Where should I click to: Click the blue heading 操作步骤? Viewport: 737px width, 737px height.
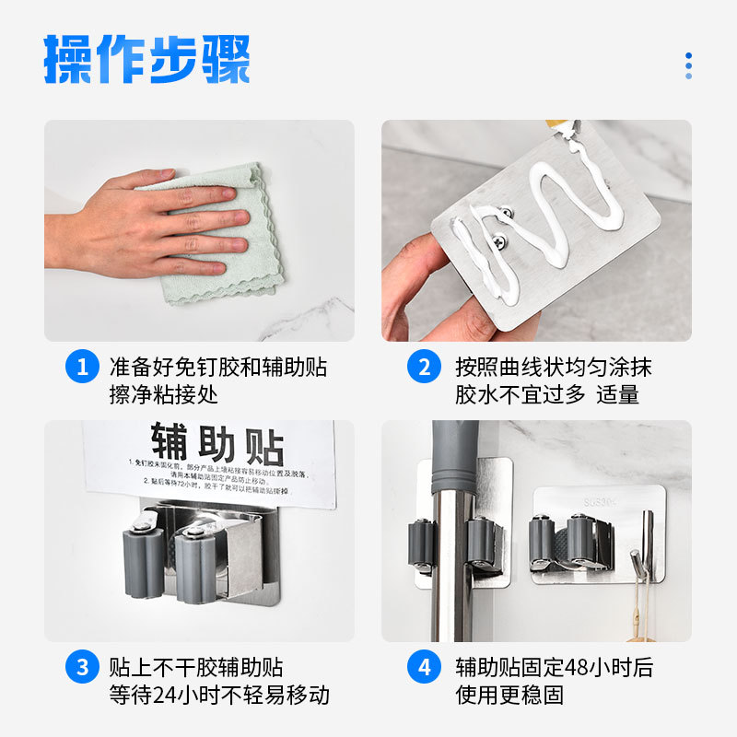(x=147, y=60)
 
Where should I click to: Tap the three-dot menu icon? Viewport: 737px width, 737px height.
(x=688, y=65)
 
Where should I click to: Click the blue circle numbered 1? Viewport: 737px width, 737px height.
(x=82, y=368)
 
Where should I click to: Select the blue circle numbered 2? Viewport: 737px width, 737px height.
(x=424, y=368)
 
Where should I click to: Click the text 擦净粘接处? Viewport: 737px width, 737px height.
(x=164, y=395)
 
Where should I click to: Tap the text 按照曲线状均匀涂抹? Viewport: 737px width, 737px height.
(x=553, y=367)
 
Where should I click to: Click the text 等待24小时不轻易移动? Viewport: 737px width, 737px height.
(x=219, y=695)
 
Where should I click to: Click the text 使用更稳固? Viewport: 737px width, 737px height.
(x=509, y=695)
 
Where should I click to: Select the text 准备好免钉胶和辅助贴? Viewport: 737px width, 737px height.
(x=218, y=367)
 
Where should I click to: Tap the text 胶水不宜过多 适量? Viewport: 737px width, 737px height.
(x=547, y=395)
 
